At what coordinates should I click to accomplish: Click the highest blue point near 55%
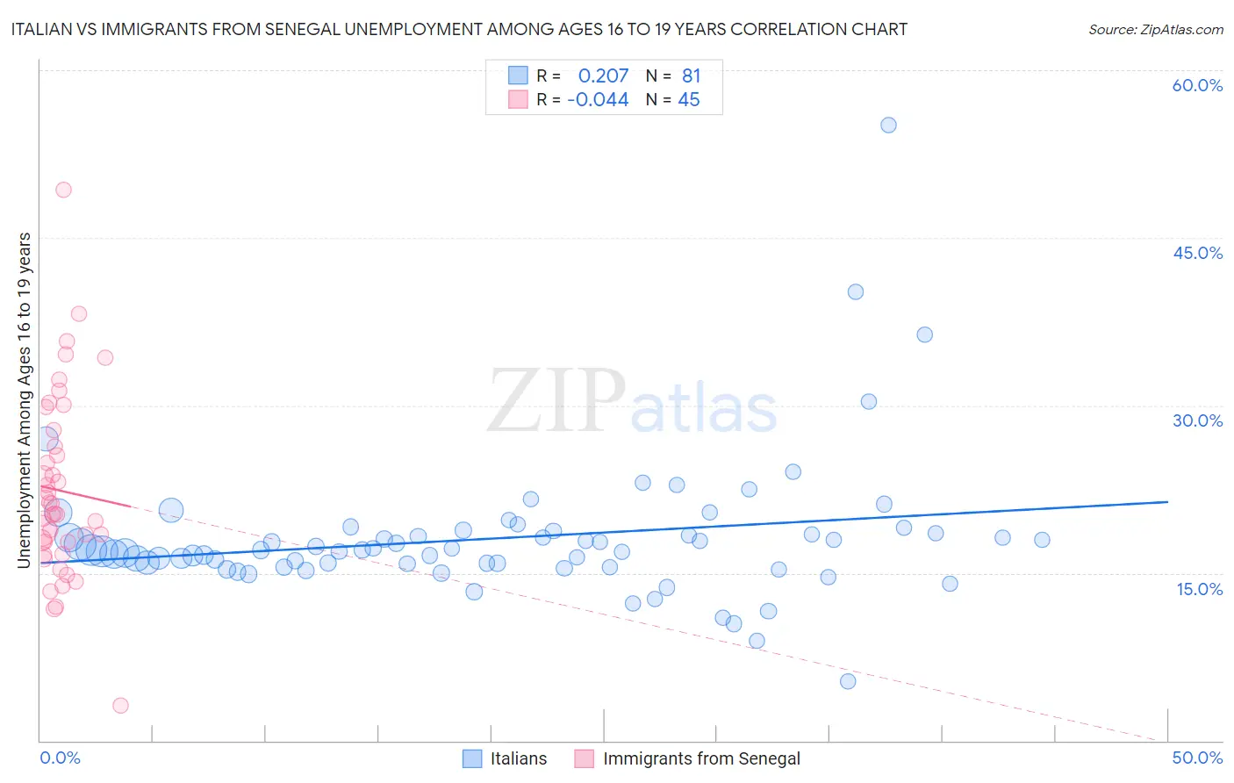coord(888,126)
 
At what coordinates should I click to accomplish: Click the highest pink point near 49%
coord(63,190)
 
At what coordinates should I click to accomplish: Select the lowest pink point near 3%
coord(121,706)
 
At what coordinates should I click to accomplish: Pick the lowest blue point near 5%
coord(848,681)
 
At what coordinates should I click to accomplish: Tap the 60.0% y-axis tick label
coord(1197,85)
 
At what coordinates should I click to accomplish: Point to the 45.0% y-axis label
coord(1197,253)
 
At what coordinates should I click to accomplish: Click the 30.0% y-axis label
coord(1197,420)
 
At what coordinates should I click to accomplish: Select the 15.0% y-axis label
coord(1199,589)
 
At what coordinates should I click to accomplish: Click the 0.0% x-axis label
coord(60,758)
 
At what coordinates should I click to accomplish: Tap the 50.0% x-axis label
coord(1197,758)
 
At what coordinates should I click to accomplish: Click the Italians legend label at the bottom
coord(519,758)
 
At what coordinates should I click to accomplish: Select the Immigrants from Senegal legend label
coord(701,758)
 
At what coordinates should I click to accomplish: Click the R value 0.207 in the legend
coord(603,76)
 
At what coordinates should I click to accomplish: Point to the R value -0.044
coord(598,100)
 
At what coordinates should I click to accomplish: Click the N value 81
coord(692,76)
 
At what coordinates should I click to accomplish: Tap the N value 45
coord(689,100)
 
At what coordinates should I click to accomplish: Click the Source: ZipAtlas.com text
coord(1155,30)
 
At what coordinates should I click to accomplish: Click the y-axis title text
coord(25,399)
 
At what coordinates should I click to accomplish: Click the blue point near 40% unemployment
coord(856,291)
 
